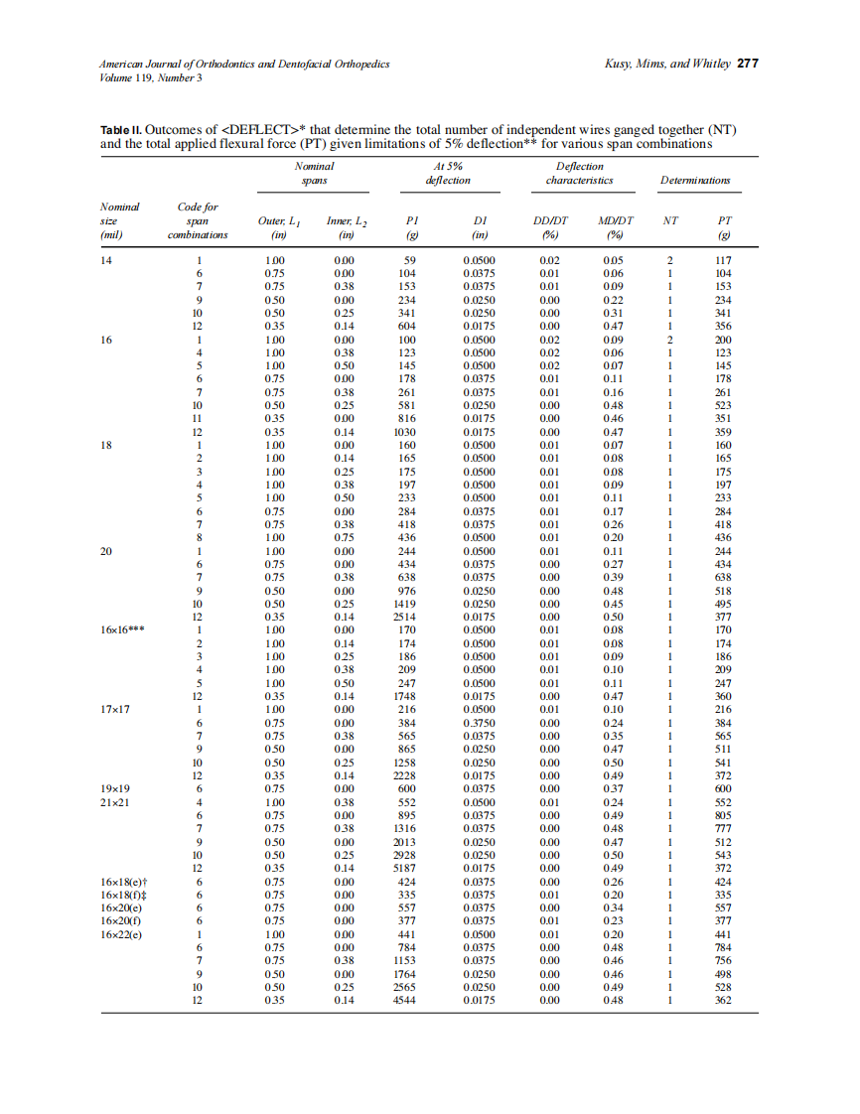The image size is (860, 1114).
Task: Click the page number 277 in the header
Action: pyautogui.click(x=748, y=65)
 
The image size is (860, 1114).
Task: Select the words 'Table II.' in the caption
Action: pyautogui.click(x=123, y=130)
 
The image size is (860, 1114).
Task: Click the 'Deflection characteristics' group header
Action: pyautogui.click(x=579, y=174)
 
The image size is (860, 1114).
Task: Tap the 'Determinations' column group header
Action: pyautogui.click(x=695, y=181)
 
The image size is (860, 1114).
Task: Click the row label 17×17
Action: pyautogui.click(x=117, y=710)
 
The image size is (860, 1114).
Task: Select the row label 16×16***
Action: pyautogui.click(x=124, y=629)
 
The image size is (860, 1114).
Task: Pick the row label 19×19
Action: pyautogui.click(x=117, y=789)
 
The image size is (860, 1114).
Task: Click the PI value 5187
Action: pyautogui.click(x=405, y=868)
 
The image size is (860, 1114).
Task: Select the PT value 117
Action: pyautogui.click(x=722, y=259)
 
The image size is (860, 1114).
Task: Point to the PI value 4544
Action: pyautogui.click(x=405, y=1001)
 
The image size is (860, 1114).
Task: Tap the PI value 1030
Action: pyautogui.click(x=405, y=432)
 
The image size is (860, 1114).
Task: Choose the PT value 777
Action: pyautogui.click(x=722, y=829)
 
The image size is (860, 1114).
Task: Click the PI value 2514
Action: pyautogui.click(x=405, y=617)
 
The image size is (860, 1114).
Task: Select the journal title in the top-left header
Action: pyautogui.click(x=244, y=65)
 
